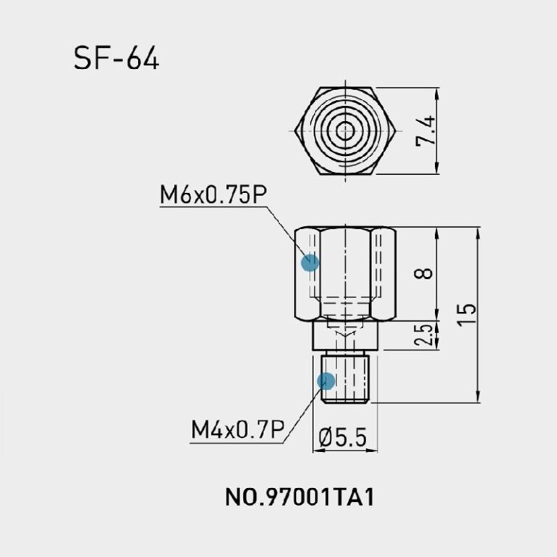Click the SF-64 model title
[x=116, y=58]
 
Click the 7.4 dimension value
[x=427, y=131]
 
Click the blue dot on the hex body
[x=310, y=262]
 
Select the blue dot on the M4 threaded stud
[x=326, y=379]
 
